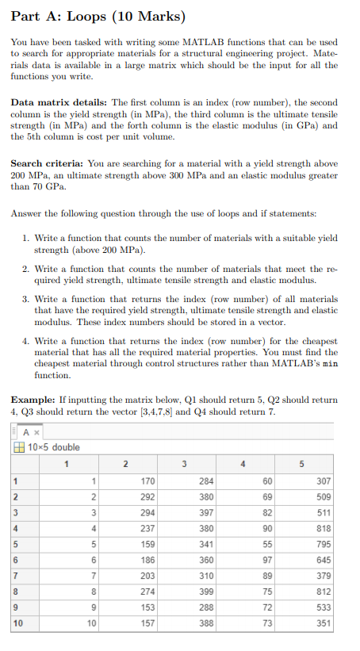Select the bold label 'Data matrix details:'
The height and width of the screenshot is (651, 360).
coord(59,103)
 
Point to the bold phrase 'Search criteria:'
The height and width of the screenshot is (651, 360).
coord(52,159)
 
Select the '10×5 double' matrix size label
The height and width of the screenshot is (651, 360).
coord(56,446)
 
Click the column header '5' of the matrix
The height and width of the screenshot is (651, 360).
coord(301,461)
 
